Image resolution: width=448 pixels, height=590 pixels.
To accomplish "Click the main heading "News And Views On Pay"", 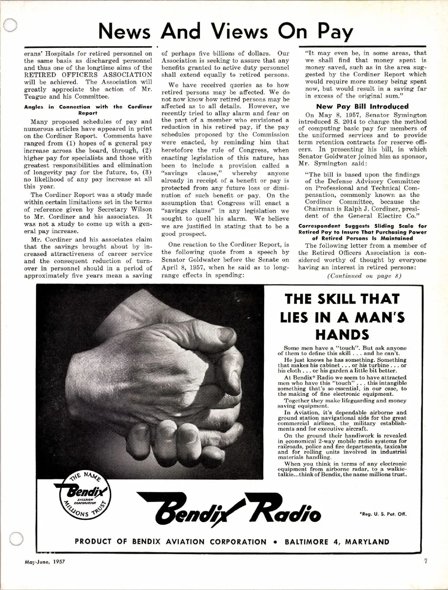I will click(225, 32).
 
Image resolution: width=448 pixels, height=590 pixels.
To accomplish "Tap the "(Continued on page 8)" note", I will click(353, 276).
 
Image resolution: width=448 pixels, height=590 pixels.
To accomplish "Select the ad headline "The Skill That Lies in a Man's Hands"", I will click(342, 317).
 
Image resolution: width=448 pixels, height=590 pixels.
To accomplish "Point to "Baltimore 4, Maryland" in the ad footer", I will click(337, 542).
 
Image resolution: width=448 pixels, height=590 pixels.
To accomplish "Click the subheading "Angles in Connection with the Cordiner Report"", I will click(88, 110).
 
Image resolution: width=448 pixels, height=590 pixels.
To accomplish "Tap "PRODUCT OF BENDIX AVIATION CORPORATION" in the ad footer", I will click(171, 542).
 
